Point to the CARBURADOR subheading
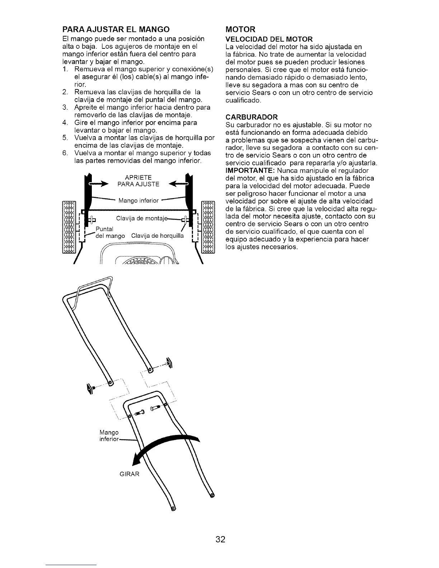pyautogui.click(x=251, y=117)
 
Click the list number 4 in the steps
pyautogui.click(x=65, y=123)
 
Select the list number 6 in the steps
pyautogui.click(x=65, y=153)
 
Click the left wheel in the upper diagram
pyautogui.click(x=69, y=227)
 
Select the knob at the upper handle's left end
pyautogui.click(x=90, y=388)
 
